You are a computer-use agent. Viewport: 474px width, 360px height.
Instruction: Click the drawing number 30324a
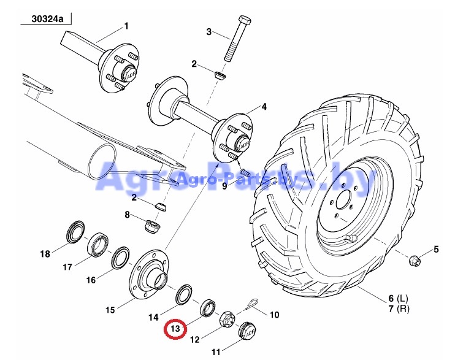(x=47, y=20)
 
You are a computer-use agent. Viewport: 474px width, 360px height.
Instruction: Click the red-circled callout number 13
(x=175, y=329)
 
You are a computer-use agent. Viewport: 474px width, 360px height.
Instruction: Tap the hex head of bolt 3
(x=244, y=20)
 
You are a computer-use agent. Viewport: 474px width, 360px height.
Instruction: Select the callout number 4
(x=264, y=107)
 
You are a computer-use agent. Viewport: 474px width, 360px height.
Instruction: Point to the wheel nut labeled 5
(x=414, y=261)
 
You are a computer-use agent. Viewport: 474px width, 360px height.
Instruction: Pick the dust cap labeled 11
(x=247, y=332)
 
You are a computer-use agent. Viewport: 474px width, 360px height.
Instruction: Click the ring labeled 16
(x=121, y=258)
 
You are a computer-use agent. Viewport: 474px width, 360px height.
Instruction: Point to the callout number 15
(x=110, y=310)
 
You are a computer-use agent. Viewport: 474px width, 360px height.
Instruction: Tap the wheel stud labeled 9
(x=245, y=173)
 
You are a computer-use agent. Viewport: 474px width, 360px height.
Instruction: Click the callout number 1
(x=126, y=26)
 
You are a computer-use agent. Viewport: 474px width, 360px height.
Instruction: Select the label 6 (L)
(x=399, y=299)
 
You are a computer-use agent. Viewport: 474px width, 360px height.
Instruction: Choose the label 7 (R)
(x=399, y=308)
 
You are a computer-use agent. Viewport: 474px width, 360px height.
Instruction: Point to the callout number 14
(x=153, y=317)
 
